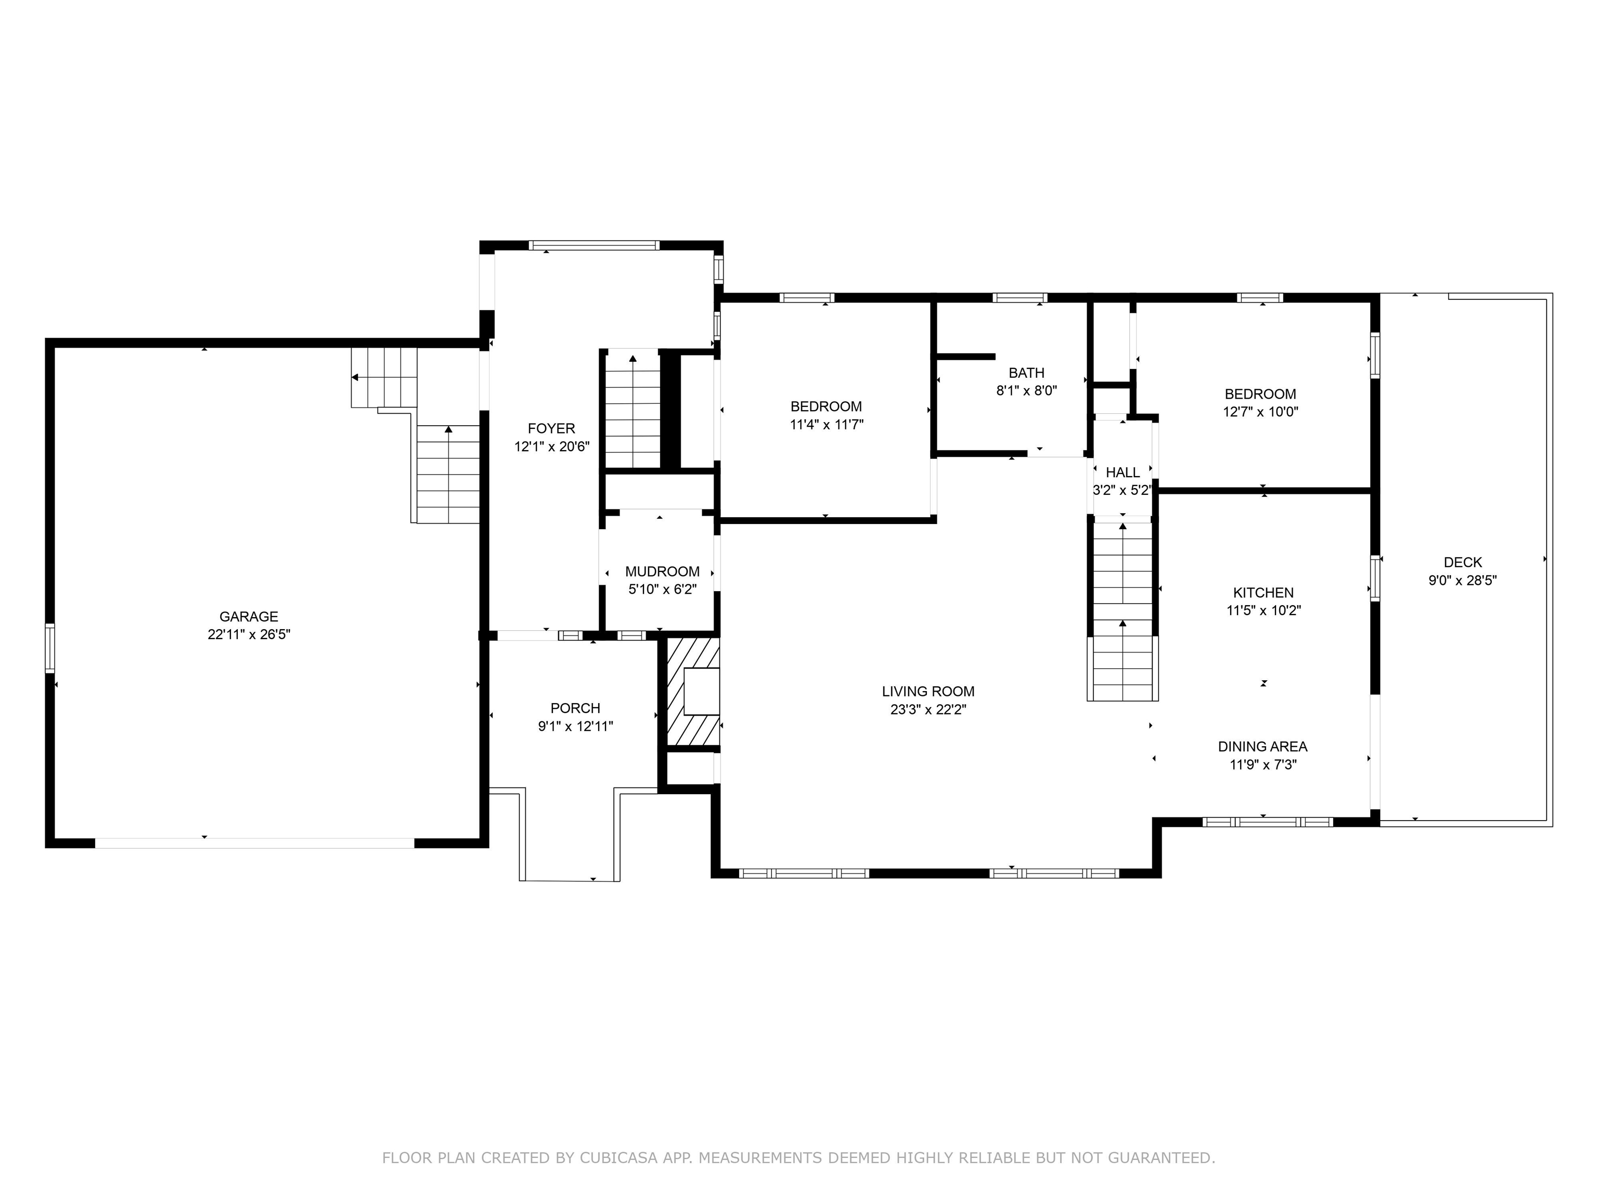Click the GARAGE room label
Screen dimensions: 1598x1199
pos(249,617)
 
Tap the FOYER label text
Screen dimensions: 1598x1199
pos(551,429)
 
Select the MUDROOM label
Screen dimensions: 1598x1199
pos(663,572)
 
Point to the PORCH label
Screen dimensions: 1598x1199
pos(575,708)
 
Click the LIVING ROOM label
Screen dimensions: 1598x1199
pos(929,692)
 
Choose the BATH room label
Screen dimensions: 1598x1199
pos(1026,373)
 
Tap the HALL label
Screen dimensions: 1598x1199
pos(1123,473)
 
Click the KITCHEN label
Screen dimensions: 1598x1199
pos(1264,593)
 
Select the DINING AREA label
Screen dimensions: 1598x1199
pos(1263,747)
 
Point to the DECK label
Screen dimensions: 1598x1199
pos(1463,562)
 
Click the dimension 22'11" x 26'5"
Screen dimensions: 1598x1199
pos(249,634)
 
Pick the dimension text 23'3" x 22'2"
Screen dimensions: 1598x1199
pos(929,710)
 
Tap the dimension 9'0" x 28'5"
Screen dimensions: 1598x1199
pos(1463,580)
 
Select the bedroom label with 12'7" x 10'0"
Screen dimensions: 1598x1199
pos(1260,394)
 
